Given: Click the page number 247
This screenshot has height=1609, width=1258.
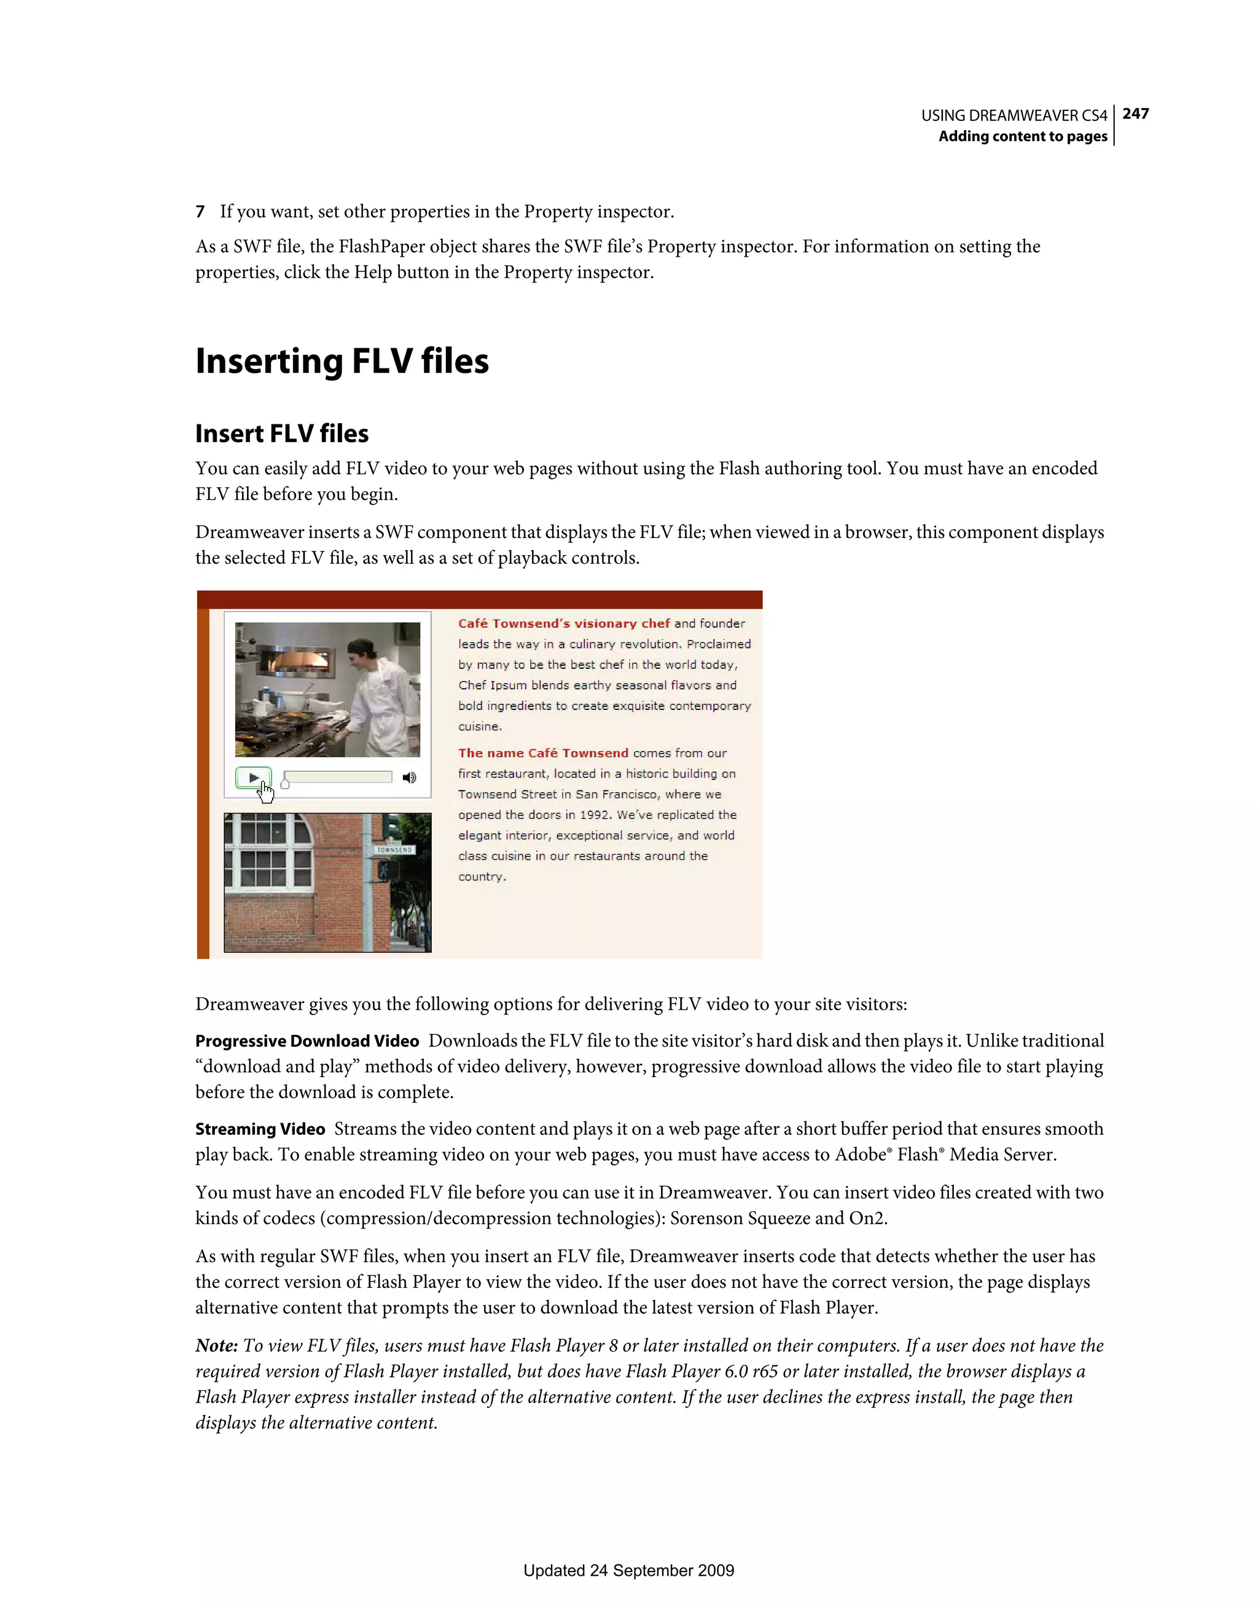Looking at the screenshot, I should coord(1135,114).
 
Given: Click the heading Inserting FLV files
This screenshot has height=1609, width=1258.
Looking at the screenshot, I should coord(342,361).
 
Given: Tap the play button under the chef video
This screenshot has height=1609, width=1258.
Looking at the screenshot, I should coord(254,777).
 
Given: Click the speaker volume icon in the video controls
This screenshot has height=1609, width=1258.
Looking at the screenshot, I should coord(409,777).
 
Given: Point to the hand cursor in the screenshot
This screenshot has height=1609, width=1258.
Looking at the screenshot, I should coord(265,792).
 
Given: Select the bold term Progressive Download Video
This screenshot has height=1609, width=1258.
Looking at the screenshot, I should coord(307,1041).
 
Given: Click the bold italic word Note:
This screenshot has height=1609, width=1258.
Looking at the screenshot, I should coord(216,1346).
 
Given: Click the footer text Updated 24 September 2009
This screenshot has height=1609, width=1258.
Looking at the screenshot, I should coord(628,1570).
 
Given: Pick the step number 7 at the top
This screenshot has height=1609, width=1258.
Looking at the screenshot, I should coord(200,212).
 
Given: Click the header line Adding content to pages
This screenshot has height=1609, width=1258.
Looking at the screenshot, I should coord(1022,136).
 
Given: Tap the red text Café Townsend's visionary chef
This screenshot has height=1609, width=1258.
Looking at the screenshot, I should coord(564,623).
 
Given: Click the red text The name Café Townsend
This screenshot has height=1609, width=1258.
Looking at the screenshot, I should coord(543,753).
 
